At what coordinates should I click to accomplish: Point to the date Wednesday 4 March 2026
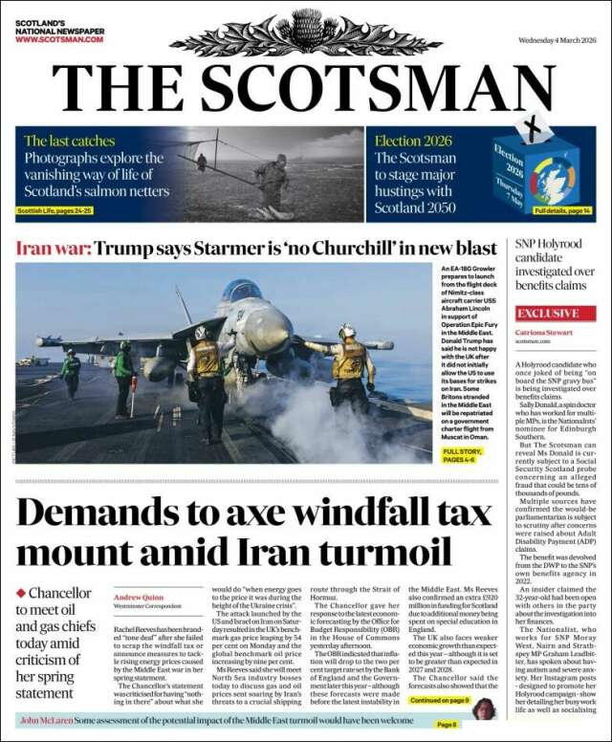coord(556,13)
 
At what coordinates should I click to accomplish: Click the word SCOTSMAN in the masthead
coord(379,88)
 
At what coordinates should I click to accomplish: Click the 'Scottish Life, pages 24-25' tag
coord(55,209)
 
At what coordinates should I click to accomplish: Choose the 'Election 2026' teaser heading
coord(412,141)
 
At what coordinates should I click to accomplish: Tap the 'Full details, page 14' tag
coord(562,209)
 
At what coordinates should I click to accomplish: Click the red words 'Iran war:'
coord(54,248)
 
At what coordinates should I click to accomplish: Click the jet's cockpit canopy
coord(242,290)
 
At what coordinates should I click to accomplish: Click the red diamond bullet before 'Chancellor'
coord(20,593)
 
